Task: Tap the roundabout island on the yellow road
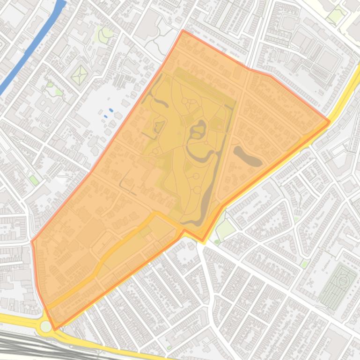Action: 46,326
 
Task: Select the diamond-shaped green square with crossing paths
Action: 80,75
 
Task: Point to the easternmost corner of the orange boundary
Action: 330,122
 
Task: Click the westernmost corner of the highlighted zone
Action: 32,242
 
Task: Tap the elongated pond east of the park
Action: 248,157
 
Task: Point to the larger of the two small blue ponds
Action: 111,110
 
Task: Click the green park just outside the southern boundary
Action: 226,230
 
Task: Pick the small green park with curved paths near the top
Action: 104,34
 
